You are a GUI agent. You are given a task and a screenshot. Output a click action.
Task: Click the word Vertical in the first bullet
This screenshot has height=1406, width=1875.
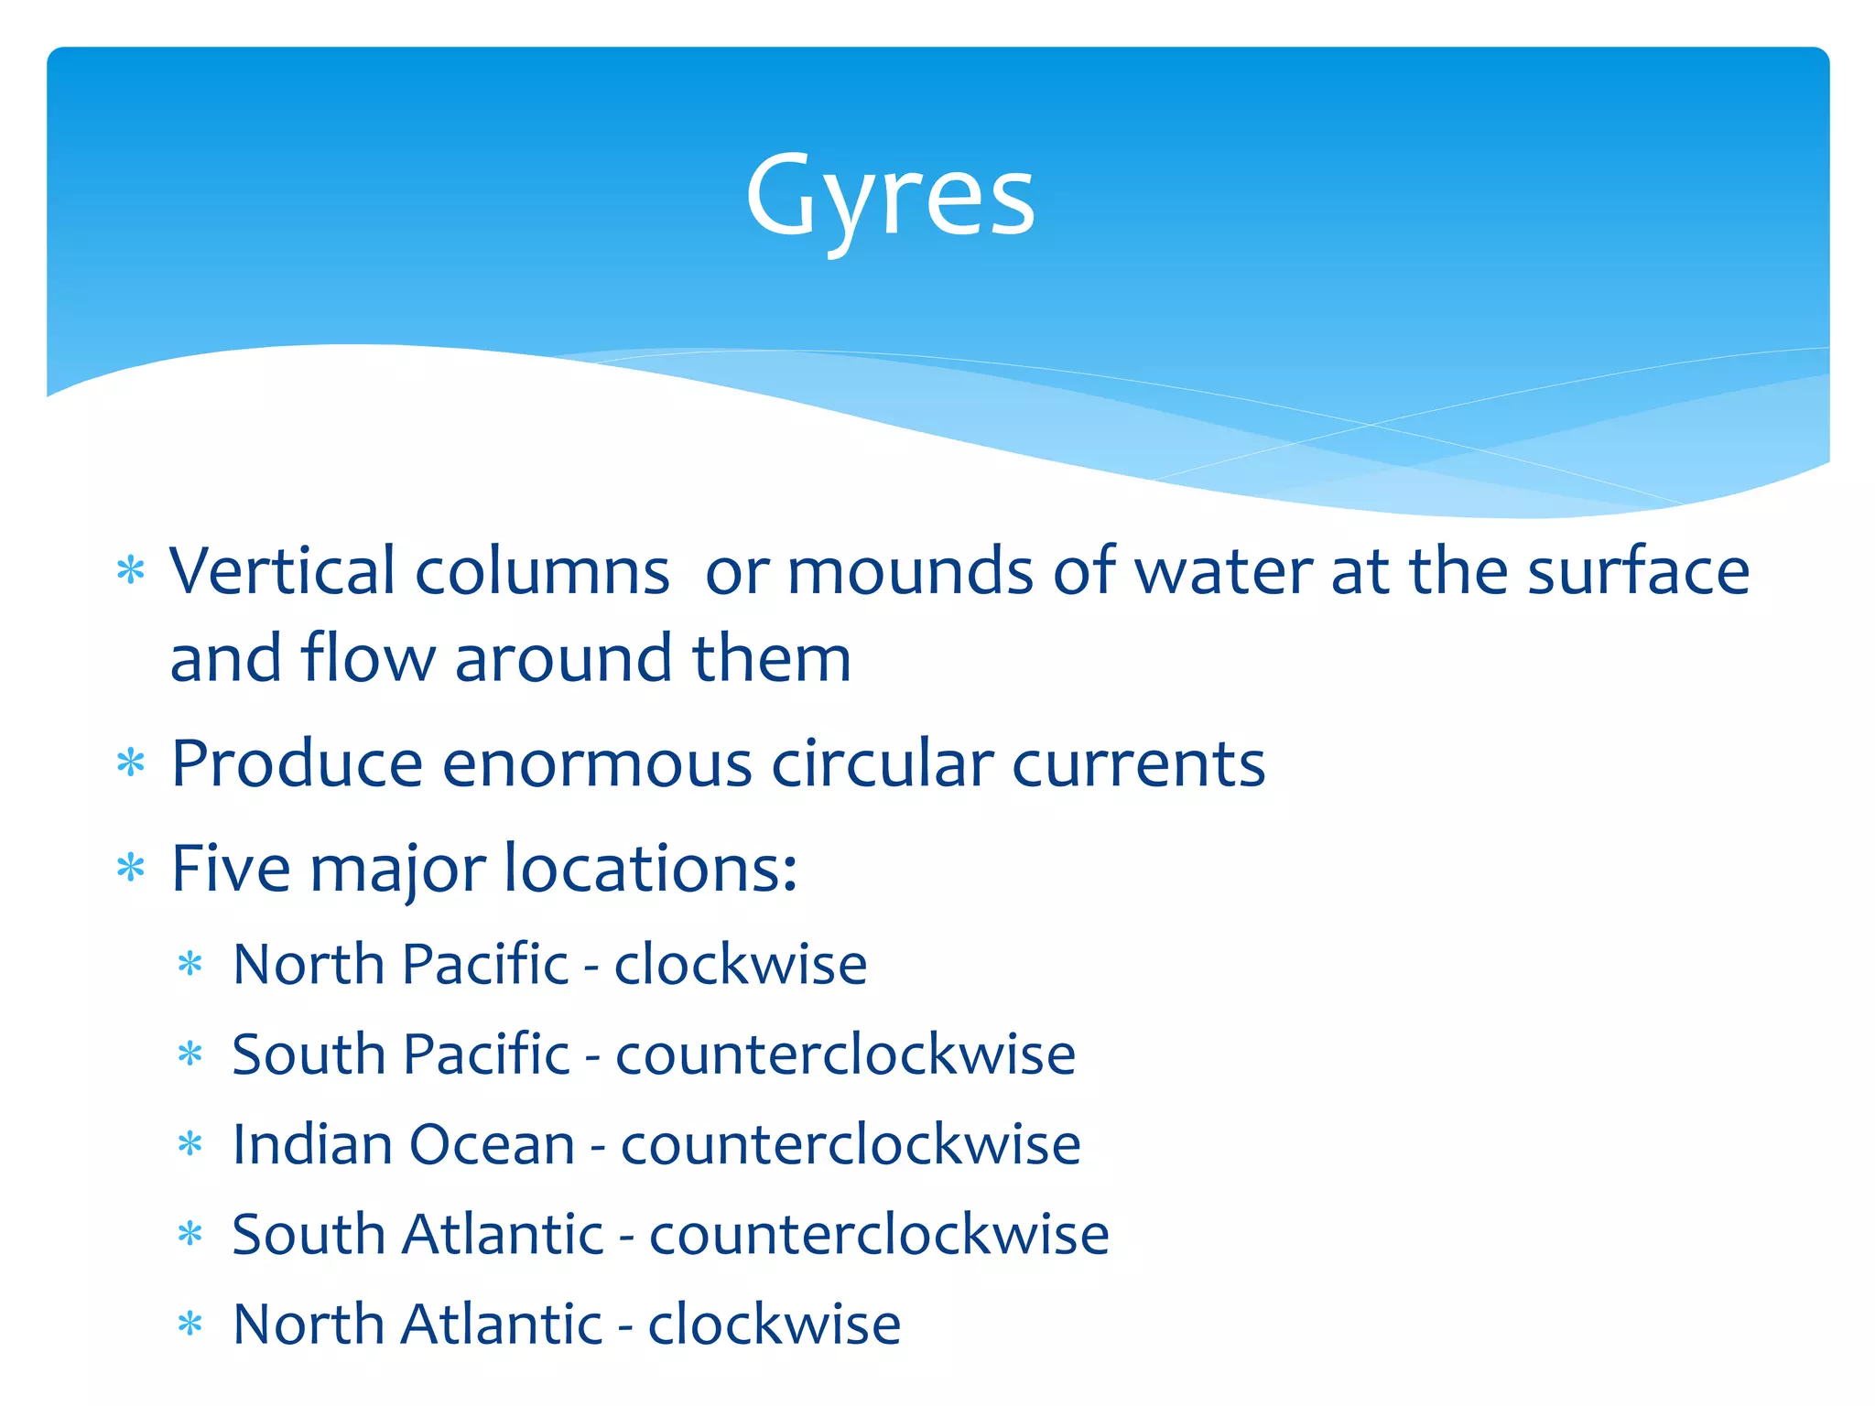(281, 571)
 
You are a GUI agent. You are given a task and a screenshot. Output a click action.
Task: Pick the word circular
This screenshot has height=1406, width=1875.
(882, 763)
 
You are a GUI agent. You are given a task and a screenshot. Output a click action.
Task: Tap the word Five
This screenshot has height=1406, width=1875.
(231, 867)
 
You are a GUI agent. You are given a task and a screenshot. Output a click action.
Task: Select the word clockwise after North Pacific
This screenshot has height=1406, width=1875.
(740, 964)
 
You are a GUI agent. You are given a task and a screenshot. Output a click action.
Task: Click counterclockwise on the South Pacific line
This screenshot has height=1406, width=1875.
(845, 1054)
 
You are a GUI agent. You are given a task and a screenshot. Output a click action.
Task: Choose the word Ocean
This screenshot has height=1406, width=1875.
(492, 1144)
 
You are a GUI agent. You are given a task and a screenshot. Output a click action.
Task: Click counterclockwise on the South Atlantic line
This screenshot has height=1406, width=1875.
(879, 1234)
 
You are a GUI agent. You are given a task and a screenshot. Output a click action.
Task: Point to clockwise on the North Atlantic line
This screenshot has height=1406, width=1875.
(774, 1324)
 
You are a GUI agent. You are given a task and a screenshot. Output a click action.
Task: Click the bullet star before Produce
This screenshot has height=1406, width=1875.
(131, 763)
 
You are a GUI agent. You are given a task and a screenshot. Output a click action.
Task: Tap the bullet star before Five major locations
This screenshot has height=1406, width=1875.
(131, 868)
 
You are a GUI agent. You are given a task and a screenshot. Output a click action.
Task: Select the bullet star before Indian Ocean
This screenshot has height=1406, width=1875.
(190, 1145)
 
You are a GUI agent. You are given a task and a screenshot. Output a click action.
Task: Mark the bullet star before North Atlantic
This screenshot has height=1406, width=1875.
(190, 1325)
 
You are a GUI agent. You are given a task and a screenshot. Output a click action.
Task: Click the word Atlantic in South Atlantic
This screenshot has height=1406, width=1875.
(503, 1234)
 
